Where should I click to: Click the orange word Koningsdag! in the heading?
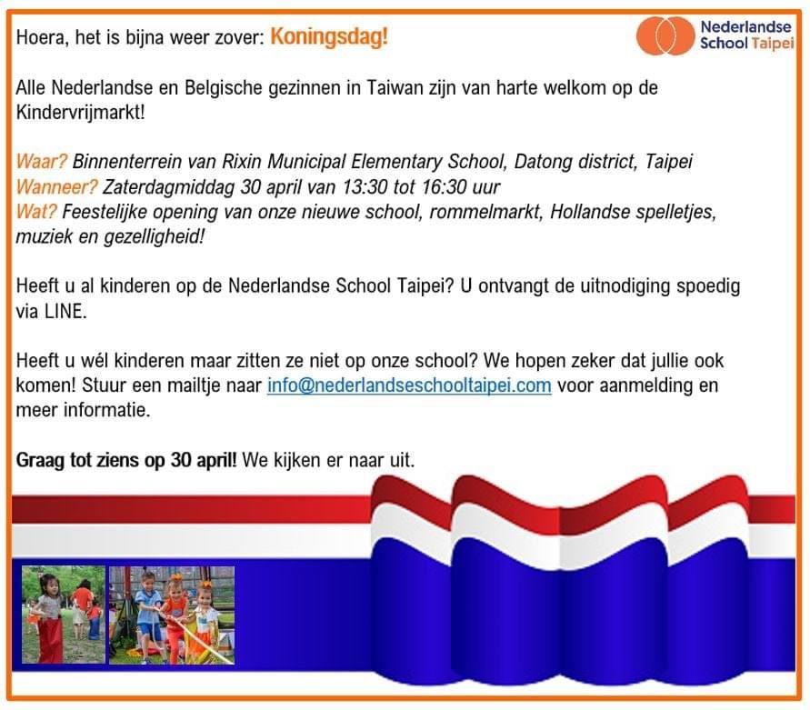[x=328, y=37]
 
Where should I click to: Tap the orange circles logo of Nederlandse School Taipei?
[x=665, y=35]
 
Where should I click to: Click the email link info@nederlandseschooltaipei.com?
[x=409, y=385]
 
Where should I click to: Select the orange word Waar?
[x=41, y=161]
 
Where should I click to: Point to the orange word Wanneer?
[x=57, y=186]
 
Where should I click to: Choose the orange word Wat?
[x=36, y=211]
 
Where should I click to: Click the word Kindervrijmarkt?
[x=81, y=113]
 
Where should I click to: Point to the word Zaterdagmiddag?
[x=168, y=187]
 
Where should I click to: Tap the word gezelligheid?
[x=155, y=236]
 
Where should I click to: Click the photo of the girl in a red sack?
[x=63, y=615]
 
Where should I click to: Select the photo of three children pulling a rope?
[x=172, y=615]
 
